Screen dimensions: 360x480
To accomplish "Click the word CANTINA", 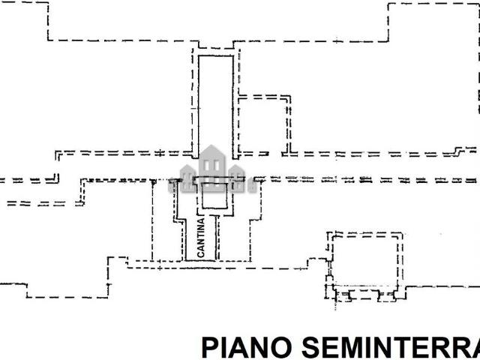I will pyautogui.click(x=200, y=237).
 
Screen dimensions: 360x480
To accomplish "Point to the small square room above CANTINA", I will pyautogui.click(x=215, y=198).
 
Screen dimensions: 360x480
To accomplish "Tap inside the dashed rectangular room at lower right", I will pyautogui.click(x=365, y=259).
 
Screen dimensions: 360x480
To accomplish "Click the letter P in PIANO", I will pyautogui.click(x=210, y=348).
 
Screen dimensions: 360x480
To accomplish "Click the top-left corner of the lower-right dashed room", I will pyautogui.click(x=330, y=233).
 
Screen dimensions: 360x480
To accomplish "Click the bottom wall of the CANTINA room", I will pyautogui.click(x=200, y=261).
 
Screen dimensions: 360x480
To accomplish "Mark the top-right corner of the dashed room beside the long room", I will pyautogui.click(x=289, y=97).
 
